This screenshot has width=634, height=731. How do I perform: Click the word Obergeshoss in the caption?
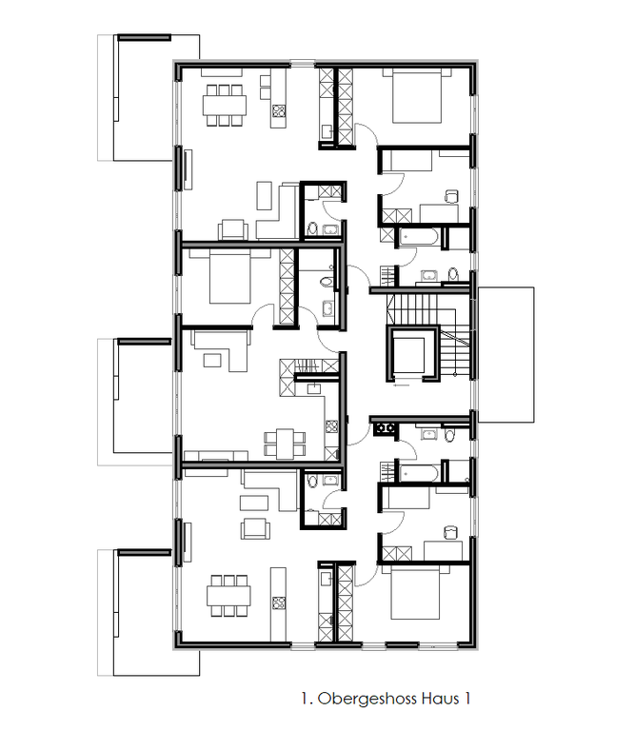coord(367,699)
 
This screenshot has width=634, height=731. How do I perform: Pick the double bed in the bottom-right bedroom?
coord(415,592)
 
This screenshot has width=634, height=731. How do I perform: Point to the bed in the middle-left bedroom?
coord(229,276)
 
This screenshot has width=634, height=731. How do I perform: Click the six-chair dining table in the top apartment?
coord(225,105)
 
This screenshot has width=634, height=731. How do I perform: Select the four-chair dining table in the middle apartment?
coord(285,443)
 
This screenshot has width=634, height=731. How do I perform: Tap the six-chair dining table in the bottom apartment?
coord(228,596)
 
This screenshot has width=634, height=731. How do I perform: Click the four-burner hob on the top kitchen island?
coord(279,111)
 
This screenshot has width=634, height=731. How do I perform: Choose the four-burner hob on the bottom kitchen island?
coord(279,603)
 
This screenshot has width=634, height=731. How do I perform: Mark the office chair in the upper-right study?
coord(451,196)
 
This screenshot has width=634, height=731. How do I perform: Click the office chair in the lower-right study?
coord(451,532)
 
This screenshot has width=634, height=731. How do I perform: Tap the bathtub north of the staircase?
coord(418,237)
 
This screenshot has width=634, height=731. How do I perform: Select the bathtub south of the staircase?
coord(418,474)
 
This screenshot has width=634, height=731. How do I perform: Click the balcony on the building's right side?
coord(505,355)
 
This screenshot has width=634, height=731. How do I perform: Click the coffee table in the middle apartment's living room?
coord(212,361)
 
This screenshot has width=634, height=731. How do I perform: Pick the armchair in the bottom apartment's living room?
coord(255,528)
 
